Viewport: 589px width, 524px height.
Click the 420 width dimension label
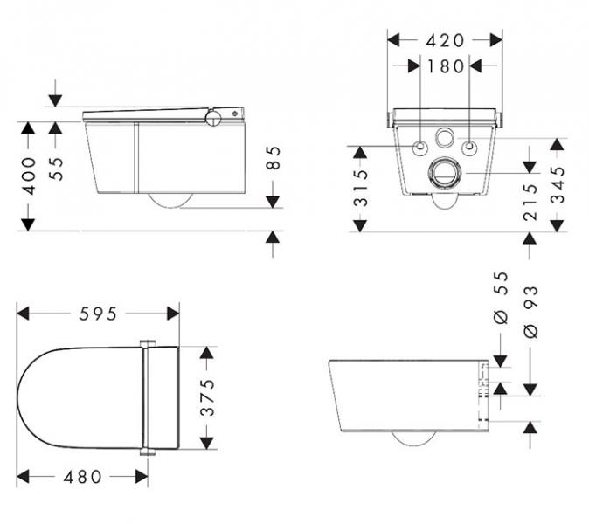pyautogui.click(x=445, y=40)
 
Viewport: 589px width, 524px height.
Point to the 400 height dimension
pyautogui.click(x=29, y=176)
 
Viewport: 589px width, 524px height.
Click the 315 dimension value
pyautogui.click(x=359, y=189)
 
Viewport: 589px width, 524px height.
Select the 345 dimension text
pyautogui.click(x=558, y=184)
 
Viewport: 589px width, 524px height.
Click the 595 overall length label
pyautogui.click(x=98, y=313)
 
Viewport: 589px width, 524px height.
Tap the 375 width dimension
pyautogui.click(x=206, y=396)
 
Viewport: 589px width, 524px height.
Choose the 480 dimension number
pyautogui.click(x=83, y=477)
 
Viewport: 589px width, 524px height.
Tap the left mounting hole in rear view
pyautogui.click(x=420, y=147)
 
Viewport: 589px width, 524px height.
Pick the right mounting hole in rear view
pyautogui.click(x=471, y=147)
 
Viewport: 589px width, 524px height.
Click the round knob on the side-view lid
pyautogui.click(x=213, y=118)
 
